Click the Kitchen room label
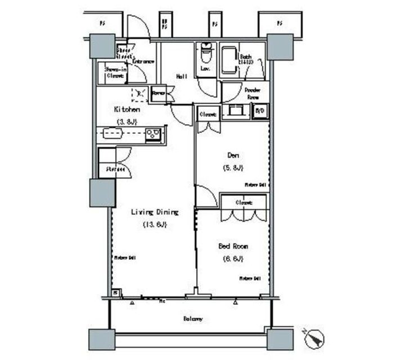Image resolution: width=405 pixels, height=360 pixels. (x=127, y=109)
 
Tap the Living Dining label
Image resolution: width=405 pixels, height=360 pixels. (x=155, y=212)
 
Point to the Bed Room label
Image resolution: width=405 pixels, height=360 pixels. (x=233, y=246)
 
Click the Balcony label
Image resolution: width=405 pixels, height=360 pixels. (x=193, y=319)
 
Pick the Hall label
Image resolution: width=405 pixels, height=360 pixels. (x=182, y=76)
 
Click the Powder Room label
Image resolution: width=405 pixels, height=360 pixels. (x=251, y=93)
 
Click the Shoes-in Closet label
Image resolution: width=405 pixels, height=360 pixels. (x=115, y=71)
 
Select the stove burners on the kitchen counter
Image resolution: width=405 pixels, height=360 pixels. (x=153, y=133)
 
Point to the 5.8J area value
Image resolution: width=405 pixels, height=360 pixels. (x=231, y=167)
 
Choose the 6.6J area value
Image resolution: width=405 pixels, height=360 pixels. (x=233, y=259)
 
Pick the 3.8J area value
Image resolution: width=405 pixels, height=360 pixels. (x=127, y=121)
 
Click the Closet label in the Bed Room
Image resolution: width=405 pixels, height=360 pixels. (x=243, y=202)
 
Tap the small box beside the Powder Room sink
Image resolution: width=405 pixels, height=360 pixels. (x=259, y=111)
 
